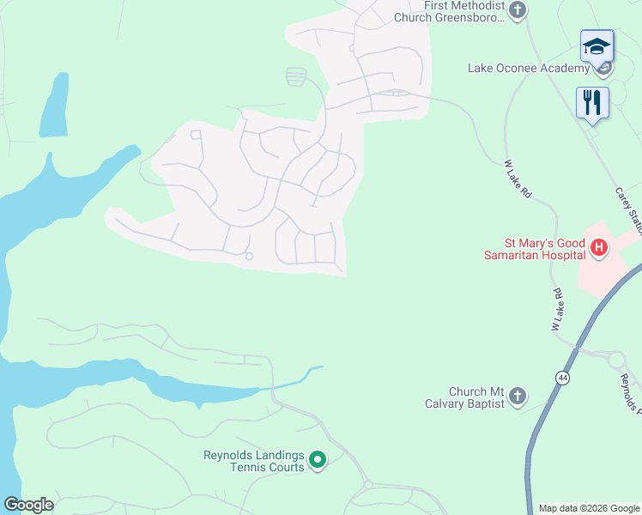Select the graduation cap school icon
(x=596, y=46)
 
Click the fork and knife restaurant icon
(x=592, y=103)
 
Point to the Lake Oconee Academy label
(x=528, y=69)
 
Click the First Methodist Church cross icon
(x=517, y=10)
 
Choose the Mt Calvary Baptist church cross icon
(x=517, y=396)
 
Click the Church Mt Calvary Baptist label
(x=464, y=397)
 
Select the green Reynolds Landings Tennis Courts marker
(x=318, y=461)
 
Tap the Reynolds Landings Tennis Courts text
(x=254, y=461)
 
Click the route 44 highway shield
(x=562, y=378)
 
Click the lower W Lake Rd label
(x=558, y=310)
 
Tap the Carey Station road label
(x=629, y=206)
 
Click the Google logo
(x=28, y=504)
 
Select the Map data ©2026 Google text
(x=589, y=508)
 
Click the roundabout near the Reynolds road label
(x=615, y=359)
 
